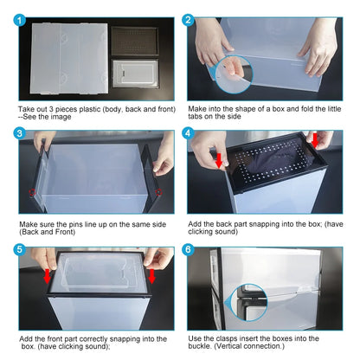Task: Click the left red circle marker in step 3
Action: (32, 191)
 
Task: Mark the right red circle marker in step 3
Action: (158, 191)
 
